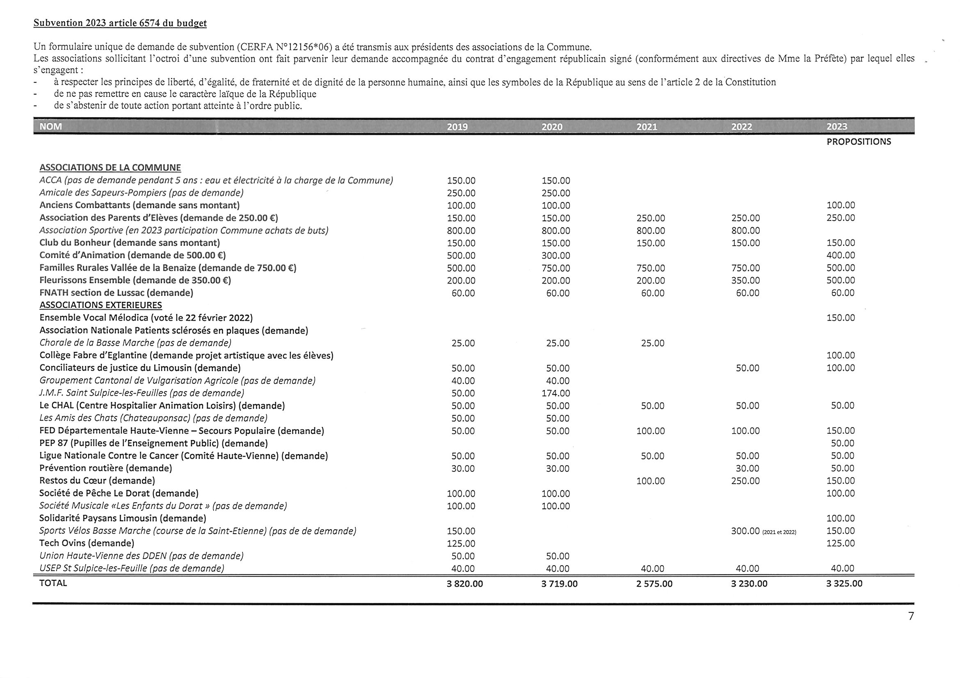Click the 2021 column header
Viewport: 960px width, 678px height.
tap(647, 127)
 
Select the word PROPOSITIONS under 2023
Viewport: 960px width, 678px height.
tap(858, 141)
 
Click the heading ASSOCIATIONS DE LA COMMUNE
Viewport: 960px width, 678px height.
tap(110, 168)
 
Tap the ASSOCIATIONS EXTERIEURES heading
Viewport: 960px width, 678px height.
tap(101, 305)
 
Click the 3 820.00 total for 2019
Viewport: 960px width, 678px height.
tap(464, 584)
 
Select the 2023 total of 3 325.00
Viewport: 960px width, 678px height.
tap(844, 584)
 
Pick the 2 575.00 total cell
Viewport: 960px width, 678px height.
tap(654, 584)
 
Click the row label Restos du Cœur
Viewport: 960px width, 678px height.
tap(97, 481)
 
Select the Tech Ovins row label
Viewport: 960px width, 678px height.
tap(87, 543)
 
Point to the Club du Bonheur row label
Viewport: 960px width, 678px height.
tap(130, 243)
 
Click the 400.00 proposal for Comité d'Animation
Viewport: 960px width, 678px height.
tap(841, 255)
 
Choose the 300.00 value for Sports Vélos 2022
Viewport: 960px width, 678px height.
tap(745, 531)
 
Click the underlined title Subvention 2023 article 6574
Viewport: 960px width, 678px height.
tap(120, 23)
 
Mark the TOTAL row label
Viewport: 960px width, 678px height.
tap(53, 583)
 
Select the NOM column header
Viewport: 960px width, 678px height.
tap(50, 127)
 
